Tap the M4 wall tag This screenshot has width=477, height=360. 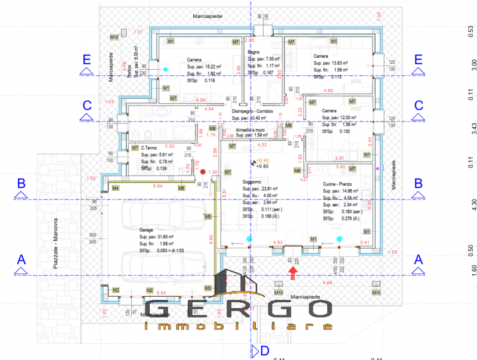115,188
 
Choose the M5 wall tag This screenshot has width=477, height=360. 208,216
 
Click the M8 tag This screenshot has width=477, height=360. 288,125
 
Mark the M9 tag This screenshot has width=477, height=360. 297,171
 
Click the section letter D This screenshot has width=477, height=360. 264,350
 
